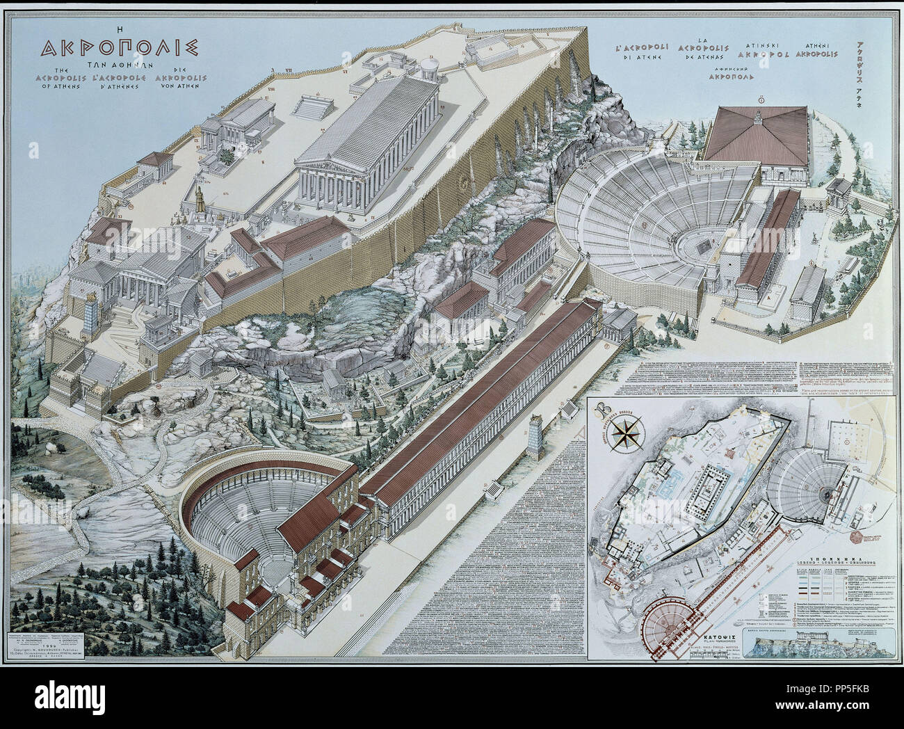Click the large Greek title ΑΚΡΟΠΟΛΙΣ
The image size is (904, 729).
120,47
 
